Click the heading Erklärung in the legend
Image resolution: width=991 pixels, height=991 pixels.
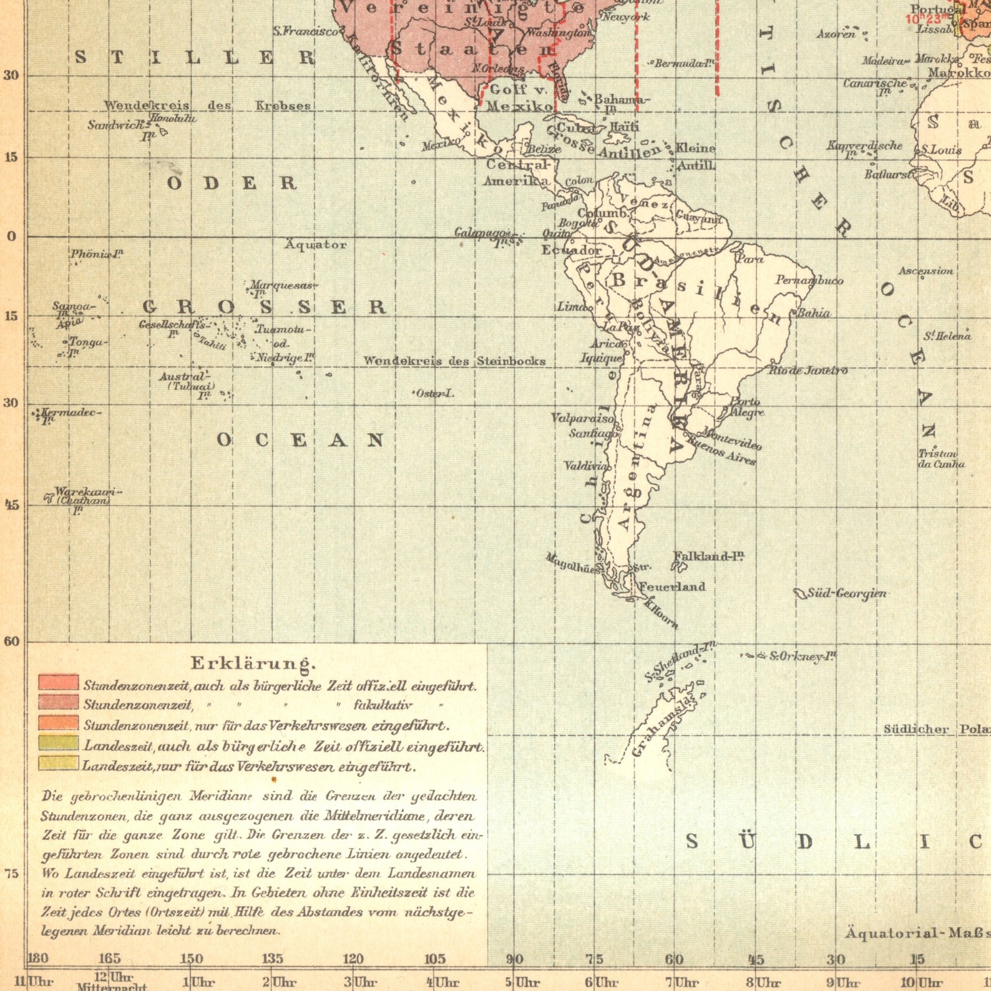point(253,663)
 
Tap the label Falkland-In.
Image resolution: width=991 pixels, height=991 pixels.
point(708,556)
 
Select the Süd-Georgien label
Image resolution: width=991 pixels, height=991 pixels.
point(846,593)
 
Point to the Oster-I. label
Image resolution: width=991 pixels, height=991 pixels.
point(435,393)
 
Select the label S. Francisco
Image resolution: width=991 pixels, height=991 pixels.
point(306,31)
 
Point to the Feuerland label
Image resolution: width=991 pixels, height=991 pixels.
point(671,587)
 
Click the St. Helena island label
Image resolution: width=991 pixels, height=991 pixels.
point(947,336)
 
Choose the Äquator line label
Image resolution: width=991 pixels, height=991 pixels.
point(316,245)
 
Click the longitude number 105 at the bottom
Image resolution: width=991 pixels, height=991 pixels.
point(435,959)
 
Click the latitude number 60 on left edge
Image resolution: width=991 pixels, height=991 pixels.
point(12,642)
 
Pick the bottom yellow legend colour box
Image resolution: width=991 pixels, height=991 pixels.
point(59,764)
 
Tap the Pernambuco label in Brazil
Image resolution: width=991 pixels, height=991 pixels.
point(809,280)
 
